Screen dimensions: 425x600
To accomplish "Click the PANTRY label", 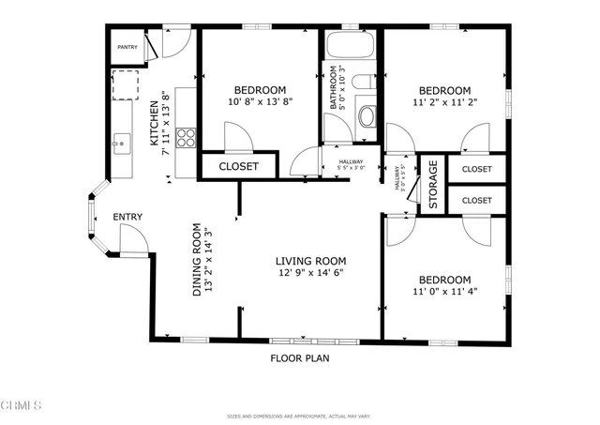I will pos(127,47).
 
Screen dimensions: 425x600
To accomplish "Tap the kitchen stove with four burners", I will pos(186,138).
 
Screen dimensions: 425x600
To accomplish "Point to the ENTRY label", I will pos(127,218).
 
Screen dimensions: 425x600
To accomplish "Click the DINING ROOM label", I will pos(197,260).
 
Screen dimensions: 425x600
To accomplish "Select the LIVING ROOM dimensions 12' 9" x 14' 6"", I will pos(310,275).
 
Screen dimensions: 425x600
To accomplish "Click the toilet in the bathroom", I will pos(367,116).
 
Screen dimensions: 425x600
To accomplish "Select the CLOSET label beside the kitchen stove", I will pos(238,167).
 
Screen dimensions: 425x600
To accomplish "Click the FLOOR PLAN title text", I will pos(300,357).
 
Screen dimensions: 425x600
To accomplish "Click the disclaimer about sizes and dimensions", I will pos(299,417).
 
